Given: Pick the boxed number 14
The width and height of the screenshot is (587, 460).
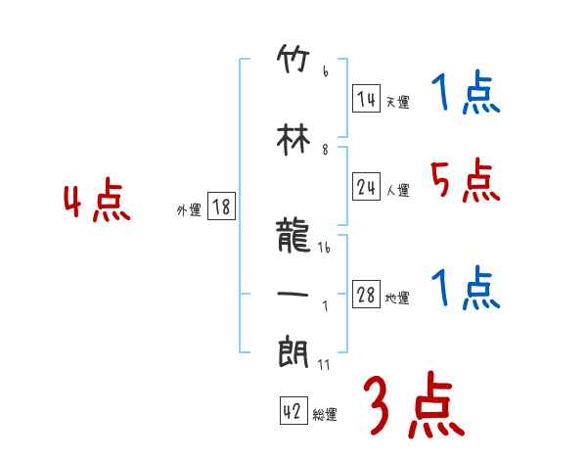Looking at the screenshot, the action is click(x=366, y=98).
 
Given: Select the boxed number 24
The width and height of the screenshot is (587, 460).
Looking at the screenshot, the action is click(x=366, y=188).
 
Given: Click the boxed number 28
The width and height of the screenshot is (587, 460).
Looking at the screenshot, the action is click(x=366, y=296).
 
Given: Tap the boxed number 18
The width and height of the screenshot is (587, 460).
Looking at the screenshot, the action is click(x=221, y=207).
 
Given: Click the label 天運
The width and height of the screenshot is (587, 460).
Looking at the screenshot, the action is click(x=397, y=102).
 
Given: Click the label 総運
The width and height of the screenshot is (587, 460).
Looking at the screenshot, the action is click(x=325, y=415).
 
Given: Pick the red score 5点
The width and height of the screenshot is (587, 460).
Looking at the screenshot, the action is click(x=464, y=181).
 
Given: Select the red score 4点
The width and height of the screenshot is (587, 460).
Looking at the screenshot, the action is click(x=96, y=203).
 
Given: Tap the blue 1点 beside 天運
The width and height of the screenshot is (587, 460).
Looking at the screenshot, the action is click(x=464, y=94).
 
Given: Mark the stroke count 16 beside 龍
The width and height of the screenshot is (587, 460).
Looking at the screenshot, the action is click(x=324, y=250).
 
